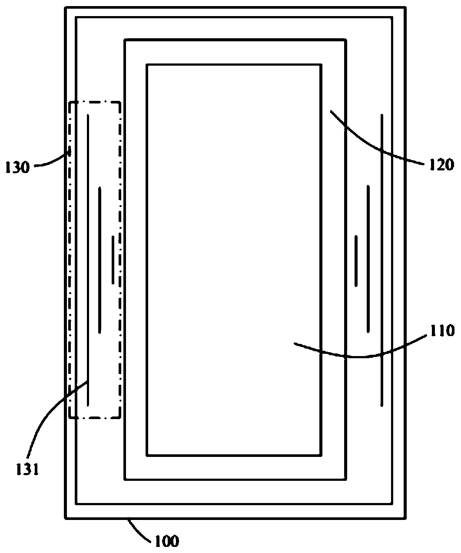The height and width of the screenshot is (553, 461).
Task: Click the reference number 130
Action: pos(17,167)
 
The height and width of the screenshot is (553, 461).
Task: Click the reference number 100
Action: pos(166,541)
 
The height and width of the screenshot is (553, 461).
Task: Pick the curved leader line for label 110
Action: pos(365,356)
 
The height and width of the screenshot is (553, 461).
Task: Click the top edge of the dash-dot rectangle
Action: pos(95,102)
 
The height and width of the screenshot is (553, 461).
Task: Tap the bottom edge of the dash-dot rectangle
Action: pos(95,418)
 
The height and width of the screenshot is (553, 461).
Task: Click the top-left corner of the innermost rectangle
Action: pos(147,65)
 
